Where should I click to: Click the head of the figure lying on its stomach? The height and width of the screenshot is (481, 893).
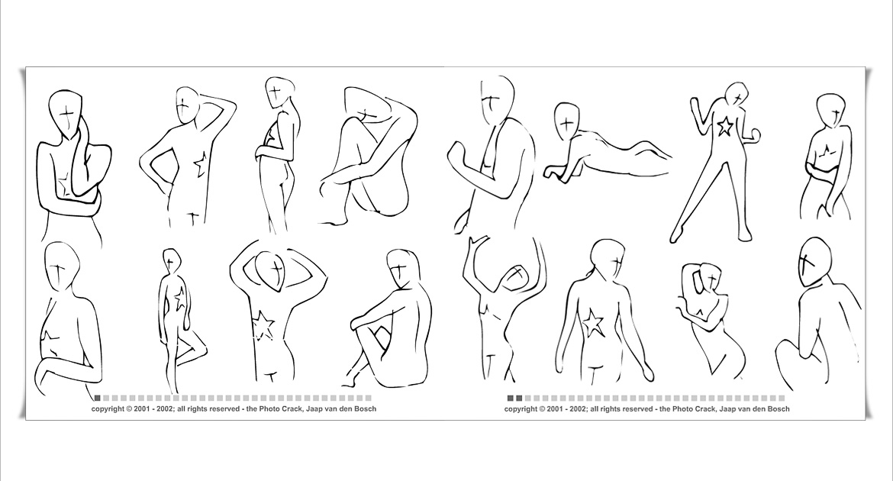[x=566, y=121]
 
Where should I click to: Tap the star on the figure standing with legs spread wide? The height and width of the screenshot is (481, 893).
[x=724, y=126]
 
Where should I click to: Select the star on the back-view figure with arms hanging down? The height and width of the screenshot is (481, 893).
[x=592, y=323]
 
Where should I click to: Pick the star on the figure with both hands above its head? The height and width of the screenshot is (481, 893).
[x=263, y=326]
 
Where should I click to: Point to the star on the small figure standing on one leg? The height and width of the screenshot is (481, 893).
[x=179, y=299]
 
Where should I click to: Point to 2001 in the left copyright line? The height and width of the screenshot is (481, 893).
[x=142, y=408]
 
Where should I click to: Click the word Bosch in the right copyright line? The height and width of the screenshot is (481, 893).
[x=779, y=408]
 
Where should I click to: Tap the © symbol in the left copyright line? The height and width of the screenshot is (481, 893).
[x=129, y=408]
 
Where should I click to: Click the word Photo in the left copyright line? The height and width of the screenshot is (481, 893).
[x=269, y=408]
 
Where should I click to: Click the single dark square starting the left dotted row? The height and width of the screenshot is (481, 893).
[x=98, y=399]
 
